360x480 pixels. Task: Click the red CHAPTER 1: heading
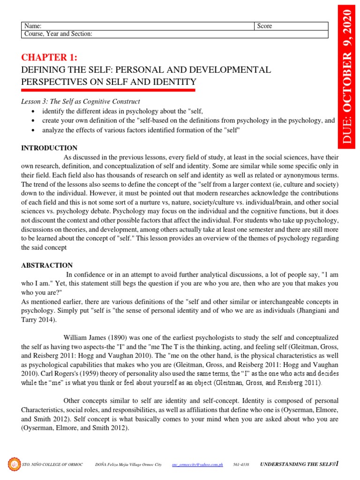tap(49, 58)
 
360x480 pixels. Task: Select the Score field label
tap(264, 26)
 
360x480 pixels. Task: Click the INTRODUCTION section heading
tap(49, 148)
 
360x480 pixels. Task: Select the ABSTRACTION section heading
tap(47, 265)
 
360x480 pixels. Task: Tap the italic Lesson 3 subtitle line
tap(81, 101)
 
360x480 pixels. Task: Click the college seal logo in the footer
tap(14, 464)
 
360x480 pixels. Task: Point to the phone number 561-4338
tap(241, 465)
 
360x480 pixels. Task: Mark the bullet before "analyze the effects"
tap(31, 130)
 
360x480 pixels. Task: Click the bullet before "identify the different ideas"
tap(31, 111)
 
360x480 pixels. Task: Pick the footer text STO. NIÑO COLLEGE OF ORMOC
tap(52, 465)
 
